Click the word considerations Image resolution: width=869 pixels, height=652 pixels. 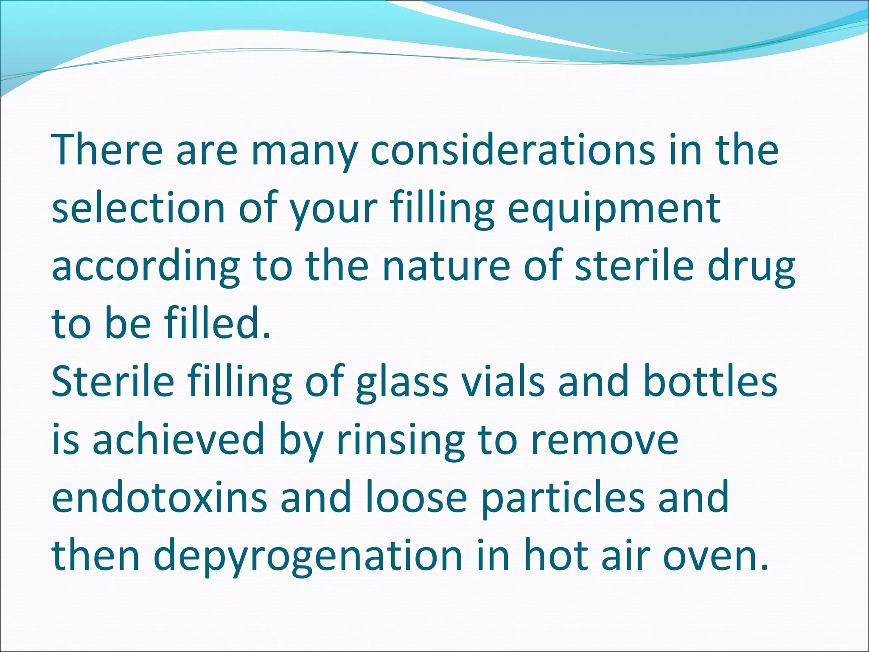[x=513, y=150]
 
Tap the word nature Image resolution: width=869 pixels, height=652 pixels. [x=446, y=267]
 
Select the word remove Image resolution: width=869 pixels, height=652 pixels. [x=605, y=441]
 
